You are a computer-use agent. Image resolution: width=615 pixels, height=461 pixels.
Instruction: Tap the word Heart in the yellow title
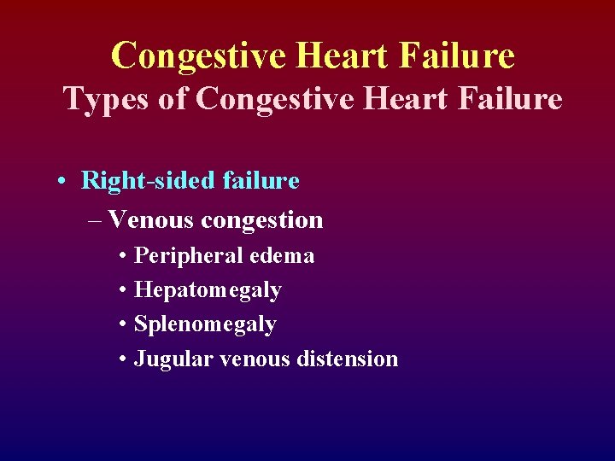click(343, 56)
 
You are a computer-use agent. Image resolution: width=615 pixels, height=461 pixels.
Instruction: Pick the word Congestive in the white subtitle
click(274, 100)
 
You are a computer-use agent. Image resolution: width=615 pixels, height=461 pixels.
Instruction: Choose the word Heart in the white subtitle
click(407, 100)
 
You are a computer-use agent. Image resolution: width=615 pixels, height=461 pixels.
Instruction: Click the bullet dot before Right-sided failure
click(63, 182)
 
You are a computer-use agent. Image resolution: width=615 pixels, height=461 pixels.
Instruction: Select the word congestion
click(261, 221)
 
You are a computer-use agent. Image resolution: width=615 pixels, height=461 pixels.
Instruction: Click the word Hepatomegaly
click(208, 291)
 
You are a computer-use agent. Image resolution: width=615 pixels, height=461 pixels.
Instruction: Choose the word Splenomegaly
click(205, 325)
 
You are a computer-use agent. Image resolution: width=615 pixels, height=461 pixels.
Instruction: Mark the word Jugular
click(174, 359)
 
